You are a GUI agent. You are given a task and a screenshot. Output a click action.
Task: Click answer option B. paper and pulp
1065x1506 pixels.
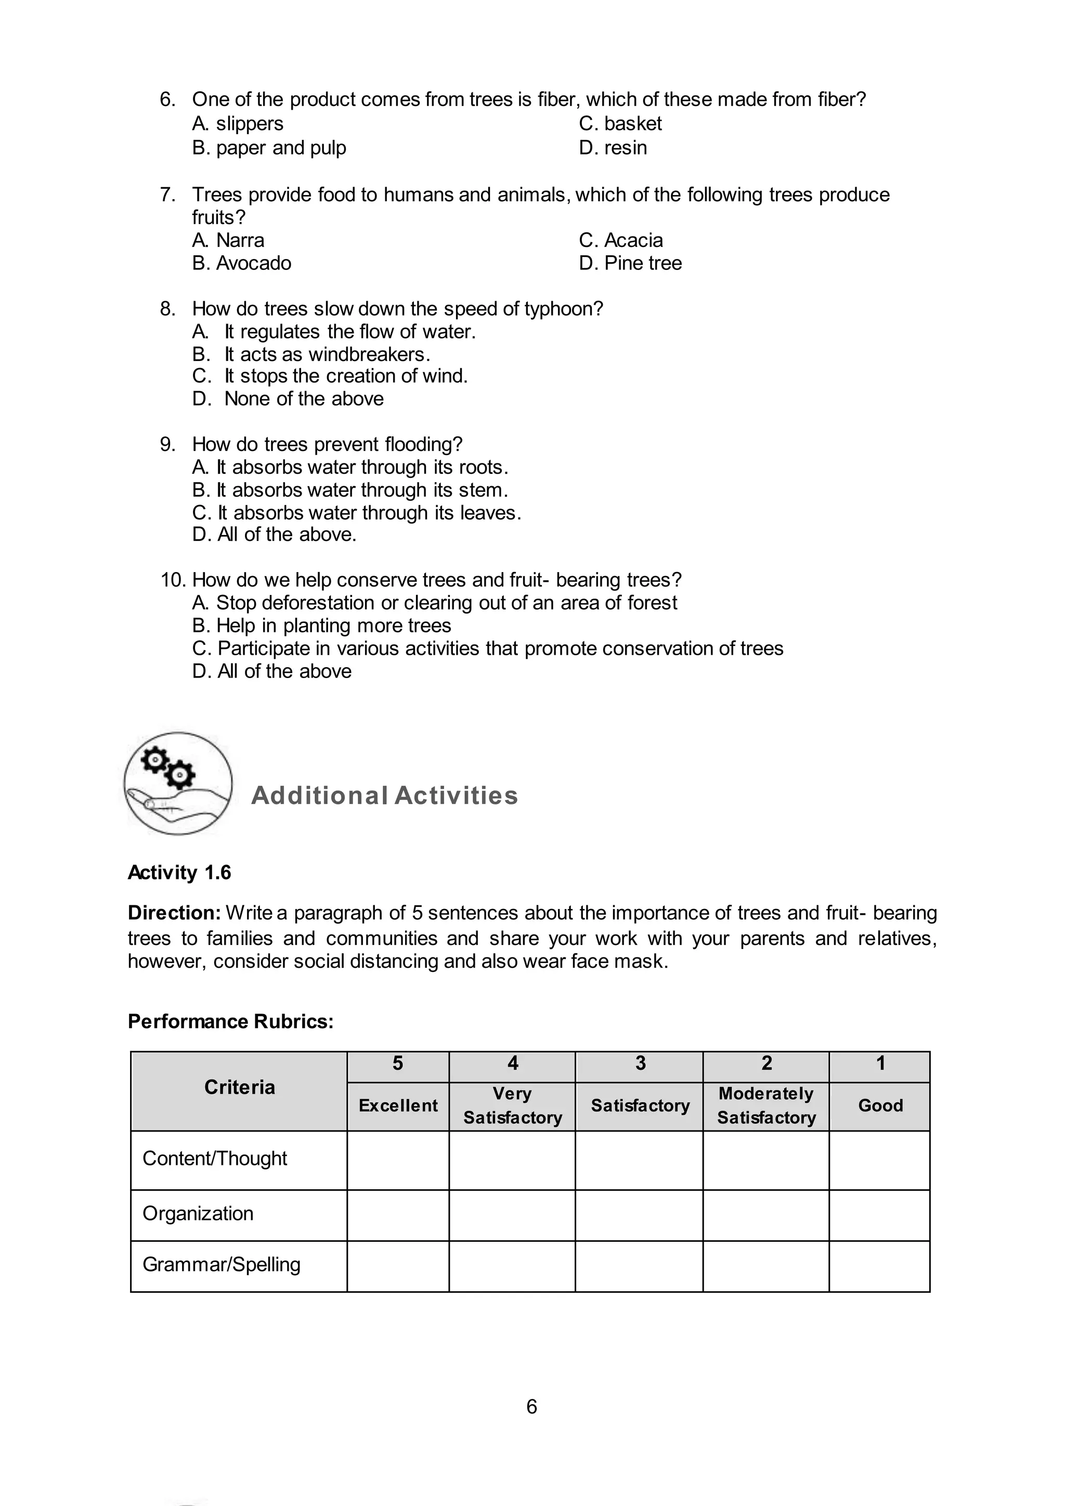tap(269, 148)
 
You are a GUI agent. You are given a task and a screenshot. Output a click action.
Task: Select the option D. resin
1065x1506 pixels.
tap(613, 148)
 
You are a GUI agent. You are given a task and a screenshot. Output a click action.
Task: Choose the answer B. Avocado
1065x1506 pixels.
tap(241, 263)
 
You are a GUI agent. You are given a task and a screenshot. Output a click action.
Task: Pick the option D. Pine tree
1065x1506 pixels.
tap(630, 263)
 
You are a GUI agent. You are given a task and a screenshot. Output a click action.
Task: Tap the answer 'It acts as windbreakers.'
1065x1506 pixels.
tap(327, 354)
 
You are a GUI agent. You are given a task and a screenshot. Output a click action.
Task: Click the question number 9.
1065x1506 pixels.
tap(167, 444)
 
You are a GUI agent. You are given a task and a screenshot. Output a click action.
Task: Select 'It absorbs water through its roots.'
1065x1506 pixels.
tap(350, 467)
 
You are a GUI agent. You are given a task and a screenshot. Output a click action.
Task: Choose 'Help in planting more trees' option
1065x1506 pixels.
tap(321, 625)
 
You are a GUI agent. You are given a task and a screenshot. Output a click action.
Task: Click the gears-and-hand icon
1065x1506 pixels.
tap(178, 783)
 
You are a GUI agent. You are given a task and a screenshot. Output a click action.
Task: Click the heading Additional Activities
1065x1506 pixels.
tap(384, 796)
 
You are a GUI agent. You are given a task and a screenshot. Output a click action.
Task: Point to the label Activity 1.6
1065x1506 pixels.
tap(179, 873)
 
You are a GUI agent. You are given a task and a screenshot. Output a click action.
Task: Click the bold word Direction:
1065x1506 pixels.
tap(174, 913)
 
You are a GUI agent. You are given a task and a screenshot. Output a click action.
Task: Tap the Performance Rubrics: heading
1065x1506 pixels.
tap(230, 1021)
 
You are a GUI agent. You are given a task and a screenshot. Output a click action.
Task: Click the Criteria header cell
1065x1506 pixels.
tap(239, 1087)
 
